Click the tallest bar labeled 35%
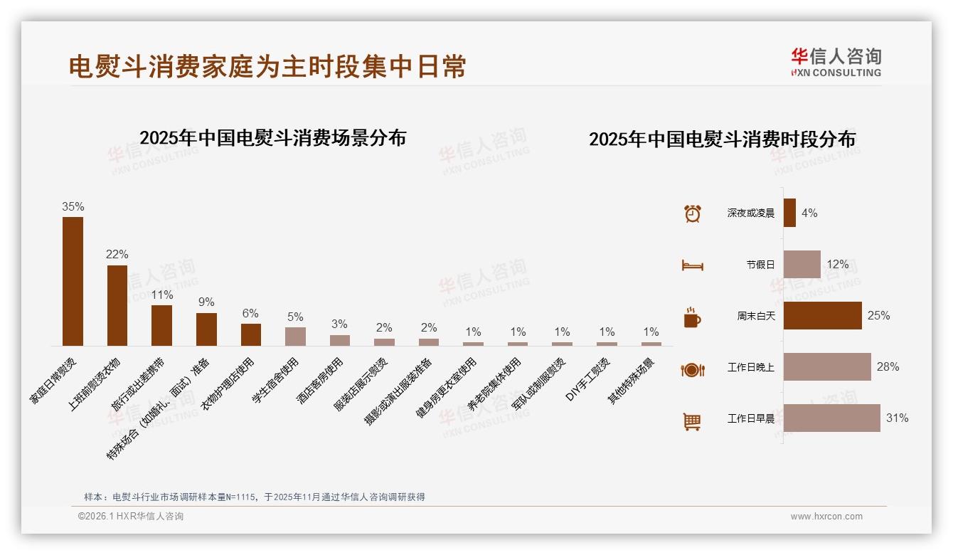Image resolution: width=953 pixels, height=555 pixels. (x=73, y=281)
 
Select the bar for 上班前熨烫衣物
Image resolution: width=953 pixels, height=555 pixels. (x=117, y=305)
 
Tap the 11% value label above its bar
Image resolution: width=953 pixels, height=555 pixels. (x=162, y=295)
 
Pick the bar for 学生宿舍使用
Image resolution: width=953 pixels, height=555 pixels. (x=295, y=336)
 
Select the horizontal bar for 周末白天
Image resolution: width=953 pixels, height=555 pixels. (x=822, y=315)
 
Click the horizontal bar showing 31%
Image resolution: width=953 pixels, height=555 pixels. (x=831, y=418)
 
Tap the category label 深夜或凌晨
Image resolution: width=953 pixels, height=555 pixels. (x=750, y=213)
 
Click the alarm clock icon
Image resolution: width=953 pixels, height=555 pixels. (x=692, y=213)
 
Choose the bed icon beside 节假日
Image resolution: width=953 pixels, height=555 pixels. (x=692, y=265)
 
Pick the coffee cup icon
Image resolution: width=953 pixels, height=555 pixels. (x=692, y=317)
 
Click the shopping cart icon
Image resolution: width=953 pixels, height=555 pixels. (x=692, y=421)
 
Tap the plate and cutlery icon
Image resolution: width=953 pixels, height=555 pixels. (x=692, y=369)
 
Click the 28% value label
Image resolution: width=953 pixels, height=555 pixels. (x=888, y=367)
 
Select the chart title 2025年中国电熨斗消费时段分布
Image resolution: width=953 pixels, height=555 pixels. (x=722, y=139)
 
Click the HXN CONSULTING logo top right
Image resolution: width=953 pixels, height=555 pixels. (x=836, y=63)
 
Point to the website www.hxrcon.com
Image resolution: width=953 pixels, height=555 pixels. (x=826, y=517)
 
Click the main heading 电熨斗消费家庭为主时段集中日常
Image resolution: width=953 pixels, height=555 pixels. (x=267, y=66)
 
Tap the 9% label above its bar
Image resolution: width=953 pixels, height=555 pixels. (x=206, y=302)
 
